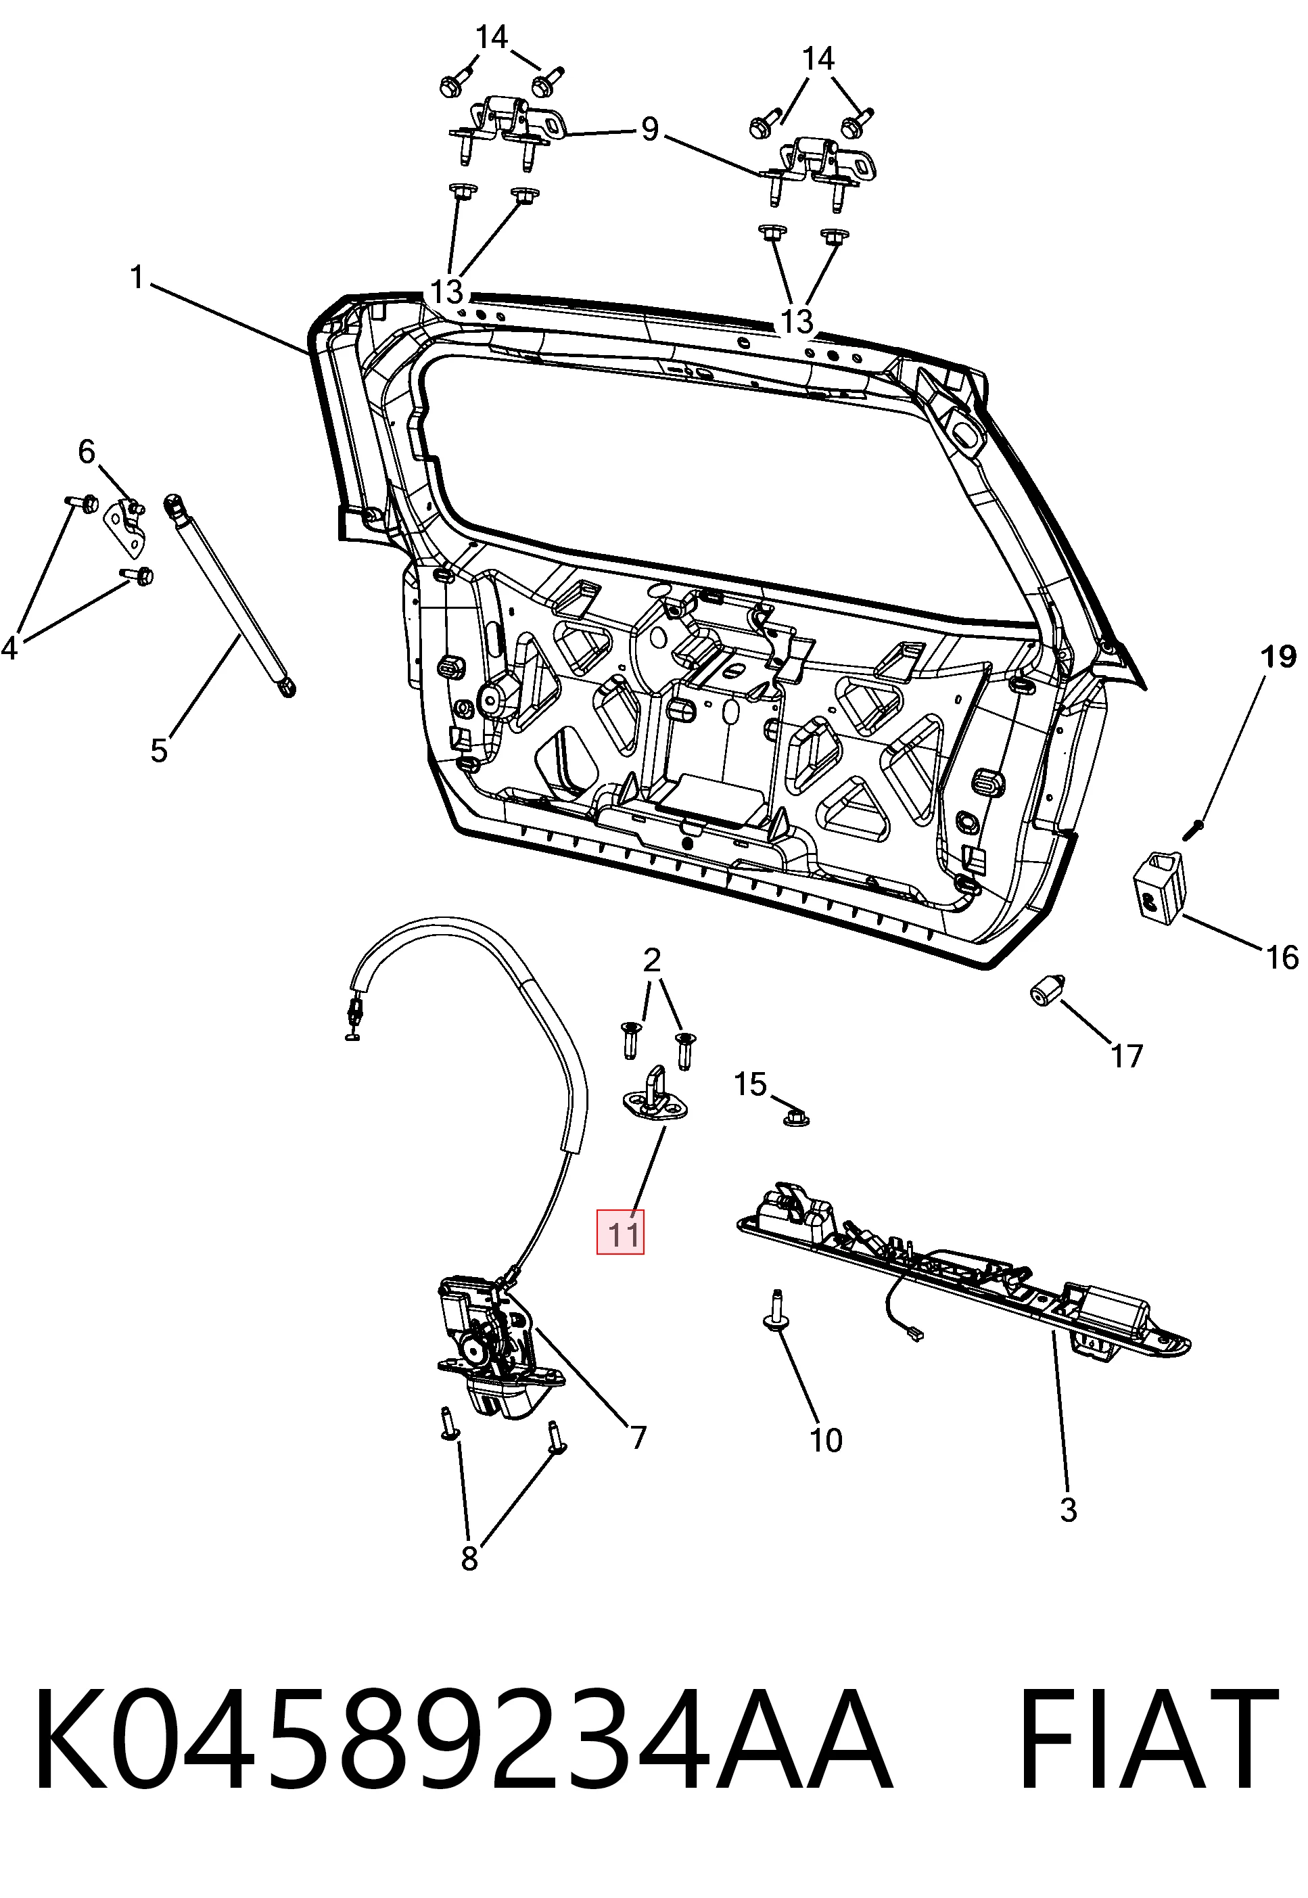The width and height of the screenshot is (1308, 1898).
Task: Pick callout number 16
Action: pos(1282,957)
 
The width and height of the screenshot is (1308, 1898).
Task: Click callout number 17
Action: pos(1126,1057)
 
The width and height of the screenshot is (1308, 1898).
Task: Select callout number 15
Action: pos(750,1084)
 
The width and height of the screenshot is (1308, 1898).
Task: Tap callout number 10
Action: pos(825,1440)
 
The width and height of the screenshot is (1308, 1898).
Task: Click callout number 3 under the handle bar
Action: pos(1068,1509)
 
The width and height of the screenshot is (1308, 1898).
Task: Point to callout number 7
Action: pos(638,1437)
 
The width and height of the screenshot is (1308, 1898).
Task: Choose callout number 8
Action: pos(469,1558)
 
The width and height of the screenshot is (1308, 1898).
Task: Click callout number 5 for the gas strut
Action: pos(159,750)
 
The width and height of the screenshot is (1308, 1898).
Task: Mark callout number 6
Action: pos(87,452)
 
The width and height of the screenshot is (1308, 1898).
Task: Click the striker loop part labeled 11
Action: pos(653,1096)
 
